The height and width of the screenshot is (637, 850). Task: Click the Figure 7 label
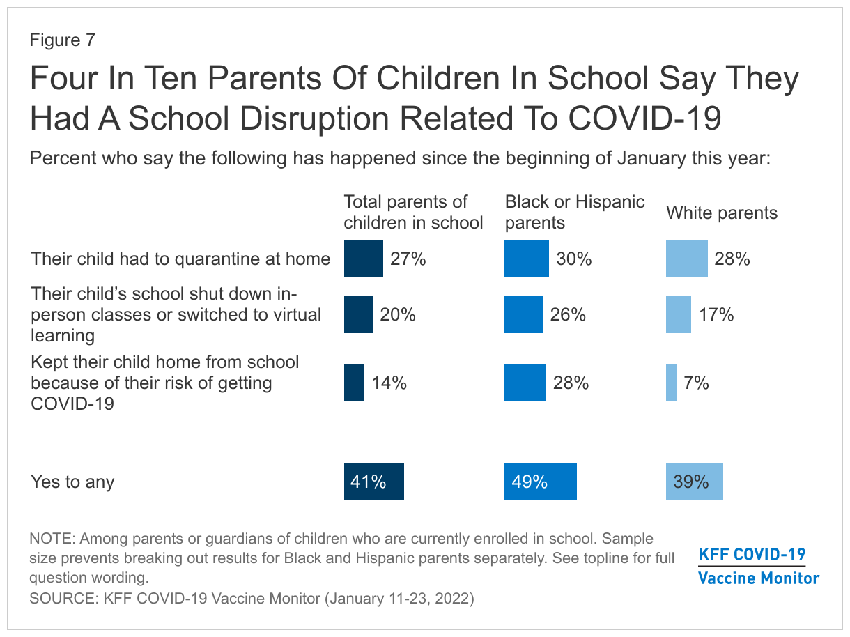coord(62,40)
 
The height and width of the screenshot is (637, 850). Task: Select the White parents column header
coord(722,213)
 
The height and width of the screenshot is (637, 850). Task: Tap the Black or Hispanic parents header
coord(575,212)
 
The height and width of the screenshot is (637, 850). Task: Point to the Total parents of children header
coord(413,212)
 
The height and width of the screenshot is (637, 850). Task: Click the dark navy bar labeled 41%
coord(373,482)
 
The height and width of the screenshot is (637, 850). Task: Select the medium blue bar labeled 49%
coord(541,482)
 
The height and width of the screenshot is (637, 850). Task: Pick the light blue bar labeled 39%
coord(694,482)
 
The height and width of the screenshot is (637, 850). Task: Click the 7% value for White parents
coord(696,383)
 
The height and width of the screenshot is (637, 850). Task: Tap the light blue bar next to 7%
coord(672,383)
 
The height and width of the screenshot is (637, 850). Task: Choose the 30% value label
coord(574,259)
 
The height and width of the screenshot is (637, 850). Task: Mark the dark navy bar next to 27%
coord(363,259)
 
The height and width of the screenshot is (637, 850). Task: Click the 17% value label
coord(717,314)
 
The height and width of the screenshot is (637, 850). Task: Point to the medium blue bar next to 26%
coord(524,314)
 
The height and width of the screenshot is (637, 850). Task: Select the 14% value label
coord(389,383)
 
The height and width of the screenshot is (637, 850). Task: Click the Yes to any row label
coord(72,482)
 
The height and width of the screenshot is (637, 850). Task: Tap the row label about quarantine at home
coord(180,259)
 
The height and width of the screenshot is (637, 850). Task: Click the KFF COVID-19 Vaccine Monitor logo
coord(758,566)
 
